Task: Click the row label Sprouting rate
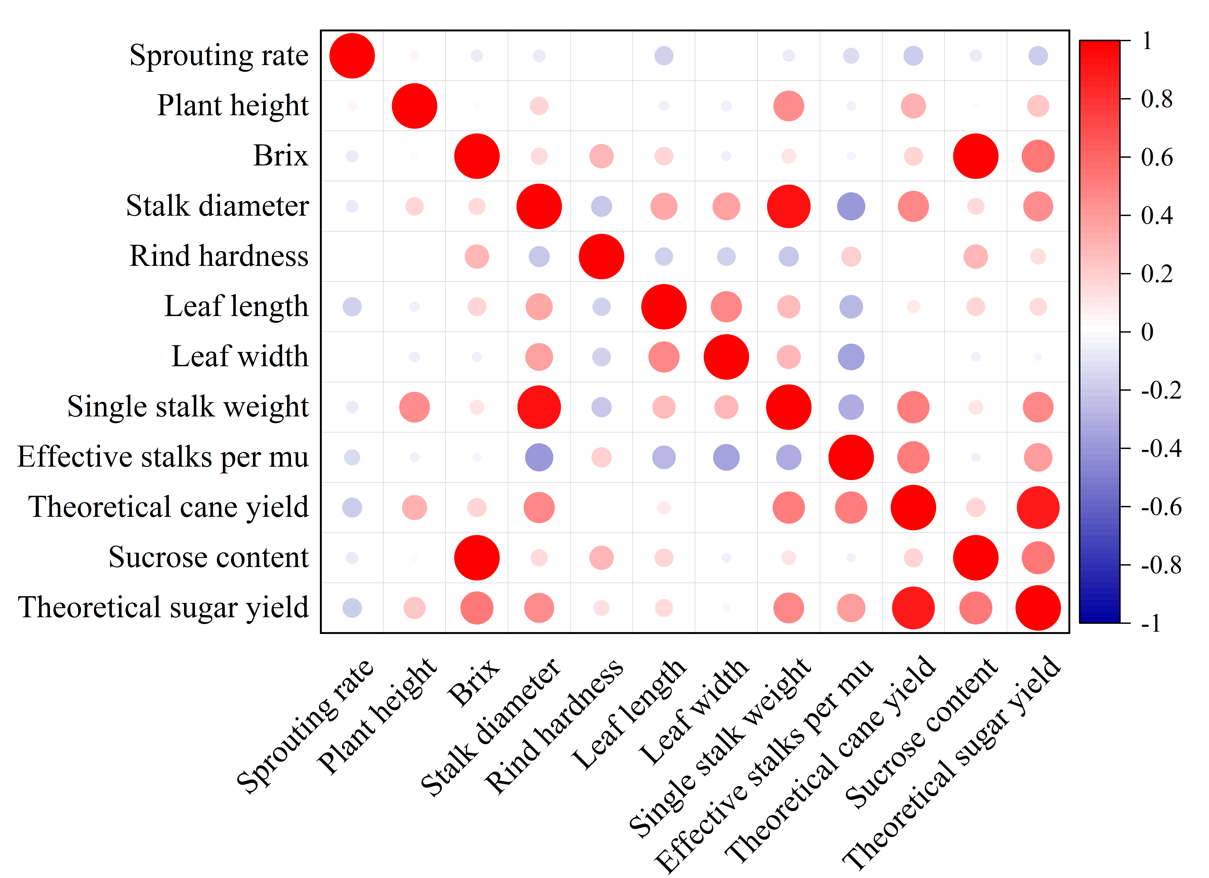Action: (219, 55)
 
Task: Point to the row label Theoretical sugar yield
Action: (163, 608)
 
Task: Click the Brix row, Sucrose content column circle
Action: (976, 156)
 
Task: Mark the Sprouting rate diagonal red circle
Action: (352, 55)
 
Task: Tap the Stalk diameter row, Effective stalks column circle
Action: (851, 206)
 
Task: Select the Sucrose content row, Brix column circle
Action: (476, 558)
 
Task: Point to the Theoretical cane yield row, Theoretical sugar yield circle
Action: (1038, 507)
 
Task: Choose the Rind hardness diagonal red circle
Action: (601, 256)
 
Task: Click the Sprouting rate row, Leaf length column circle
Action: (664, 55)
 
